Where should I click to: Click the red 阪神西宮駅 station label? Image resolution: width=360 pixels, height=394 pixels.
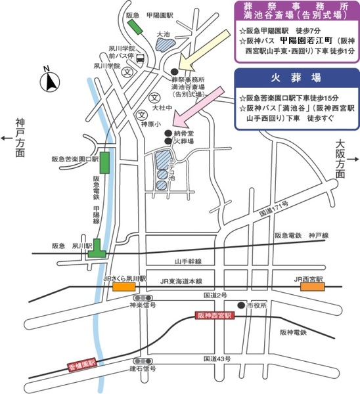215,316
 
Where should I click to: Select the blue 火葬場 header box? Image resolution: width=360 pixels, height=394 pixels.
295,77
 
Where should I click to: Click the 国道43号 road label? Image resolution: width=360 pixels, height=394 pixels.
217,358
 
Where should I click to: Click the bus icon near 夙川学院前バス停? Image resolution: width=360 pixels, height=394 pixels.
141,58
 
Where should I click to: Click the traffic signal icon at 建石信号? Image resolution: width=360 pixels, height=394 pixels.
141,361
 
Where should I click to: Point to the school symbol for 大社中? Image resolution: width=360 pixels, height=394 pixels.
154,97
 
